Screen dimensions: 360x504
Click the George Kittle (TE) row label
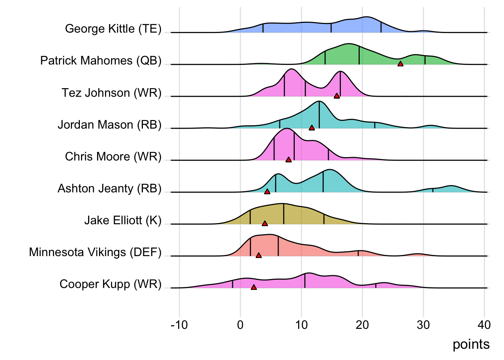(113, 29)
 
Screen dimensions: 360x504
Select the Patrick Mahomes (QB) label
(100, 61)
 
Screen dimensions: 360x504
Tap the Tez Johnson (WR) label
(111, 93)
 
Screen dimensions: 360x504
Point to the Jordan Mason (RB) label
(109, 124)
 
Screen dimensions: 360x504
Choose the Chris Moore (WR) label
(113, 156)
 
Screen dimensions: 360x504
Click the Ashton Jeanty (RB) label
(109, 188)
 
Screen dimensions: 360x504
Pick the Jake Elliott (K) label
(123, 220)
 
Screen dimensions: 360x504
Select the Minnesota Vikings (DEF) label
(95, 252)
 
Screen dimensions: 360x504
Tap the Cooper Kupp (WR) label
(110, 284)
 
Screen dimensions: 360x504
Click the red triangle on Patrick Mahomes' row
(400, 64)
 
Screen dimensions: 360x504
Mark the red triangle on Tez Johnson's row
(337, 96)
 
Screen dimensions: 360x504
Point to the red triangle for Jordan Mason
(312, 128)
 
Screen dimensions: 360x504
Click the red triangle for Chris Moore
(288, 160)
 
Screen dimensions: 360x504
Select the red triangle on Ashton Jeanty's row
(267, 192)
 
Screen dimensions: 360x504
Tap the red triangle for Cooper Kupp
(254, 287)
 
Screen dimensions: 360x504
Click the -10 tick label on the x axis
(179, 325)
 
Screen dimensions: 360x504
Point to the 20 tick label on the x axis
(362, 325)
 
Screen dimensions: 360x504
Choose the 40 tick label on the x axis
(484, 325)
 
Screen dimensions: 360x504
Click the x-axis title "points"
(471, 344)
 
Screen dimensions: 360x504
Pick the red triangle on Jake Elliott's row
(265, 223)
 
